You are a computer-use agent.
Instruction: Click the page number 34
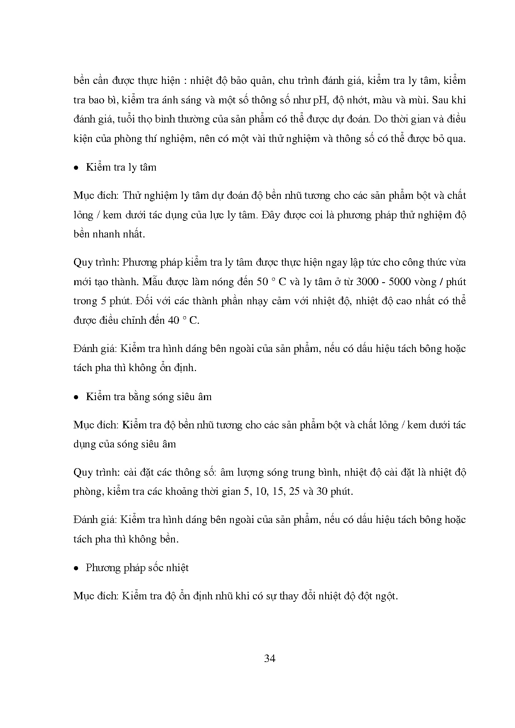tap(270, 659)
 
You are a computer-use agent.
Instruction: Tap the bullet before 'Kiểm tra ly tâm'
tap(76, 168)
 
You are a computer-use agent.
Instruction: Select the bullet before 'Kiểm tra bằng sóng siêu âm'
tap(76, 397)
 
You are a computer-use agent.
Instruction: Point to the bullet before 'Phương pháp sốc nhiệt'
tap(76, 568)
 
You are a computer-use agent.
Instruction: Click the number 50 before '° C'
tap(262, 282)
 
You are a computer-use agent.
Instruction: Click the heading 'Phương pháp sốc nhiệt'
tap(137, 568)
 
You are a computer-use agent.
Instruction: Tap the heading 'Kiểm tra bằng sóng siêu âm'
tap(149, 397)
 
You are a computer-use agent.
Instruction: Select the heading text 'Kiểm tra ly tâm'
tap(121, 167)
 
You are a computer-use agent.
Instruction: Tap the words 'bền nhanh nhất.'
tap(109, 234)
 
